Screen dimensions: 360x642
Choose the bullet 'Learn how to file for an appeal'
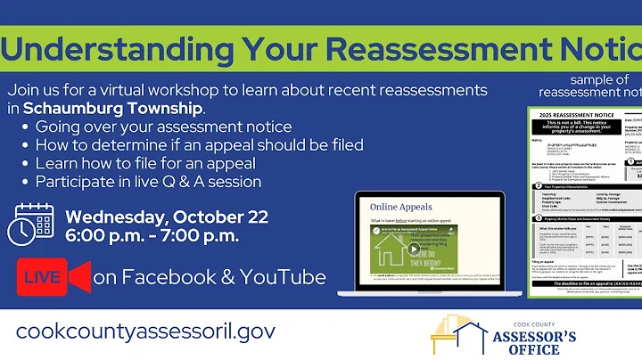click(x=145, y=163)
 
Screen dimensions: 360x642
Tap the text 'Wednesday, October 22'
click(x=165, y=217)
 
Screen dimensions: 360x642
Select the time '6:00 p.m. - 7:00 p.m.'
click(x=152, y=237)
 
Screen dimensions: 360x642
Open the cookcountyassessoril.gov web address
click(x=145, y=330)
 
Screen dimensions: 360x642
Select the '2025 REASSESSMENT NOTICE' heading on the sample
click(x=579, y=116)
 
